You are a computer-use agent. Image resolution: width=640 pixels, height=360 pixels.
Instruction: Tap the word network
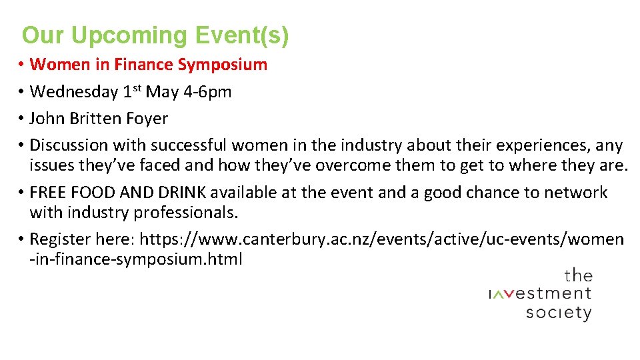tap(575, 193)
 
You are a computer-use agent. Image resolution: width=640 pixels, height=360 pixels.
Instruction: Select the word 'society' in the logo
tap(558, 312)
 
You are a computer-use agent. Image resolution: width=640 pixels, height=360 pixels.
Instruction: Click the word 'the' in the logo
tap(578, 275)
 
